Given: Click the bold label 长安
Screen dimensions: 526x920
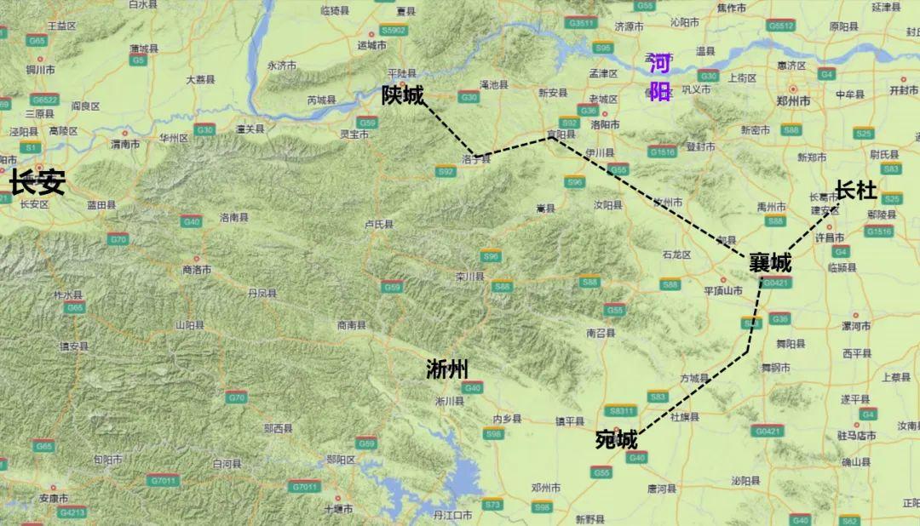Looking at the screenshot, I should point(37,182).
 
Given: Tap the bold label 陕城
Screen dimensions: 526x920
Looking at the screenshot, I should point(403,95).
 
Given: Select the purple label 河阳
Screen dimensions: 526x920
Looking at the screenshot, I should point(660,77).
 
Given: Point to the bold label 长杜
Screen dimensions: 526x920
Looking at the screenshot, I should point(856,191).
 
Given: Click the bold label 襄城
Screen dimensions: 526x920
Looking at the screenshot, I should point(770,263).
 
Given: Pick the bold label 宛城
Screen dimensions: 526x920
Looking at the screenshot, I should point(616,440).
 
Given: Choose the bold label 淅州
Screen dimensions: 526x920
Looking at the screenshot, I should point(447,369).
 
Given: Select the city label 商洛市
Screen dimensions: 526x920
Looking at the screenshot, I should point(197,270).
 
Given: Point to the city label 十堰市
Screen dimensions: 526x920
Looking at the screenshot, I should point(338,509).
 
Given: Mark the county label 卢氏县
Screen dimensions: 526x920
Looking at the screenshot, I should point(379,225).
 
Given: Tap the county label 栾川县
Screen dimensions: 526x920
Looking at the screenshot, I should point(469,277).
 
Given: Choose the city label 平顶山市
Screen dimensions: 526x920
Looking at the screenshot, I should point(724,290).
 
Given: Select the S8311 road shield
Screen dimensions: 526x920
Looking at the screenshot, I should point(621,411).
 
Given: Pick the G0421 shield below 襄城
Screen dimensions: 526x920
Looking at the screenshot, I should point(777,283).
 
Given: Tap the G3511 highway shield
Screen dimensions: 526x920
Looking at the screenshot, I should point(582,23).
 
